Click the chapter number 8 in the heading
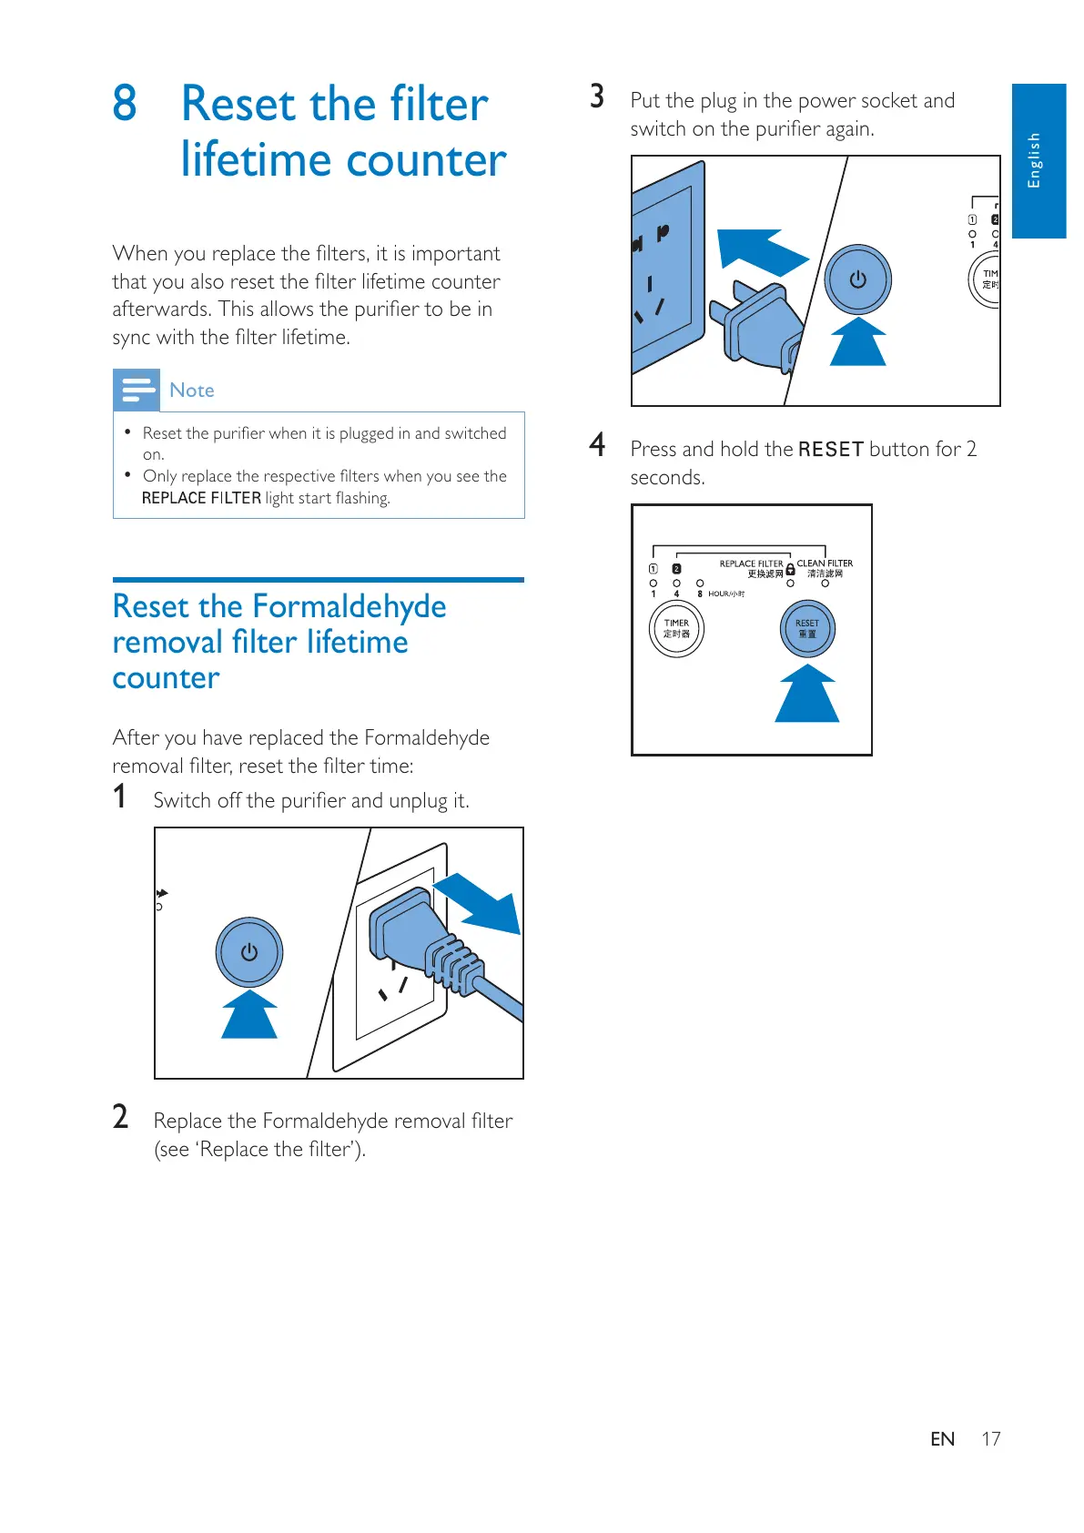(x=125, y=103)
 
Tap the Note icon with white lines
(x=137, y=390)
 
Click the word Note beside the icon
(x=192, y=391)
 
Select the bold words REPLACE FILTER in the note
(x=201, y=498)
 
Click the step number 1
(x=119, y=797)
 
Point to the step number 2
(x=120, y=1117)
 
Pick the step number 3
(x=597, y=96)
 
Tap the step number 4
(x=597, y=444)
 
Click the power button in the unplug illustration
(x=249, y=952)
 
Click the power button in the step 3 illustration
(x=857, y=279)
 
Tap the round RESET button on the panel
(x=807, y=629)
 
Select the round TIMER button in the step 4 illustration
(x=676, y=629)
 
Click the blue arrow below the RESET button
(x=806, y=695)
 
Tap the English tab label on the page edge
(x=1034, y=160)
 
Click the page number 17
(x=990, y=1439)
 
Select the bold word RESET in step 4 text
(x=830, y=450)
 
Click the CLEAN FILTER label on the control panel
(x=825, y=563)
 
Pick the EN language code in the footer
(x=942, y=1439)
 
